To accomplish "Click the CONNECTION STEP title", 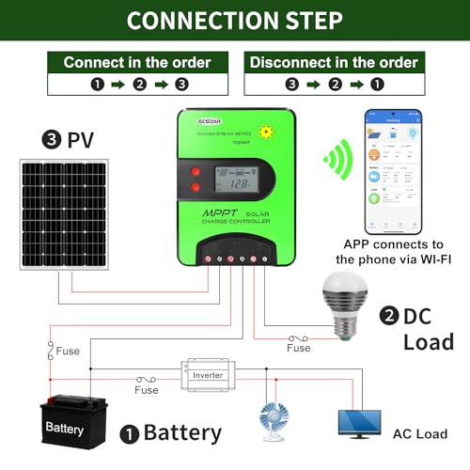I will click(x=235, y=21).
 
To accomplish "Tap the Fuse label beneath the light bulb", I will click(x=298, y=348).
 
